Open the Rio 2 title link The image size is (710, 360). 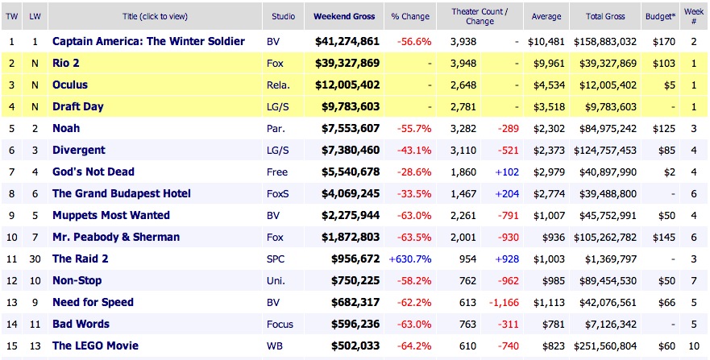(x=65, y=63)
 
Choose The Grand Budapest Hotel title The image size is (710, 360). (x=121, y=193)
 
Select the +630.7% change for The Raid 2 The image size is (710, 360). (x=409, y=259)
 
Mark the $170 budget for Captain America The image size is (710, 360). (x=663, y=41)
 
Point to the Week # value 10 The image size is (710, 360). (x=693, y=324)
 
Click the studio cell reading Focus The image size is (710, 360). (x=280, y=324)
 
